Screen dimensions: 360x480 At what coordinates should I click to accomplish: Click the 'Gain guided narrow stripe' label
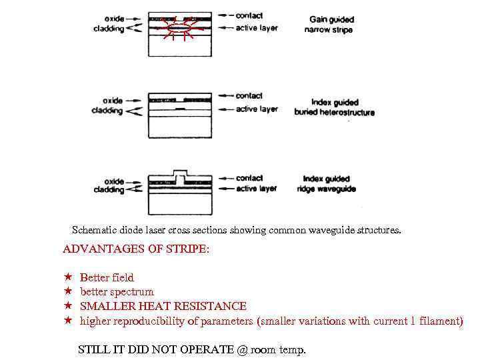click(331, 25)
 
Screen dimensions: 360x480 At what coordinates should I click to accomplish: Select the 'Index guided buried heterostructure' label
click(335, 107)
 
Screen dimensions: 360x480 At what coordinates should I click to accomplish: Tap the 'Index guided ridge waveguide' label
click(329, 184)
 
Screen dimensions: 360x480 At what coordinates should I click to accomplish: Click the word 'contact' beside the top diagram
click(249, 15)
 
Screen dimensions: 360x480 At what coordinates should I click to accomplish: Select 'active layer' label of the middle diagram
click(257, 109)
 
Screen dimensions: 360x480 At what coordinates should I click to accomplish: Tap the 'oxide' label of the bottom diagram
click(114, 181)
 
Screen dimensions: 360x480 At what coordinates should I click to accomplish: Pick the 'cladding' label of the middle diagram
click(107, 111)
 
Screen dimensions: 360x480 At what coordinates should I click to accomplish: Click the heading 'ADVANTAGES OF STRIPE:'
click(135, 249)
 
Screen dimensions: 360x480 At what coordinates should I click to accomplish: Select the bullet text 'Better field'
click(107, 277)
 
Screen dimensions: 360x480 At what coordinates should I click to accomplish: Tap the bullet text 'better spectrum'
click(117, 292)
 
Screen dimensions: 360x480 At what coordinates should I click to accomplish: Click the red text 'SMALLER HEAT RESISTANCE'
click(163, 306)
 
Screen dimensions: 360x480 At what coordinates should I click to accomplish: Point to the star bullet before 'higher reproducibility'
click(67, 321)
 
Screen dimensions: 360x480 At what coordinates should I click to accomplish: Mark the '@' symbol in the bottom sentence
click(241, 349)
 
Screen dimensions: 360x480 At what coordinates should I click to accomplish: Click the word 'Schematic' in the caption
click(94, 231)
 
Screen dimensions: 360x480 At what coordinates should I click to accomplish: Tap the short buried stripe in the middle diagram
click(179, 108)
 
